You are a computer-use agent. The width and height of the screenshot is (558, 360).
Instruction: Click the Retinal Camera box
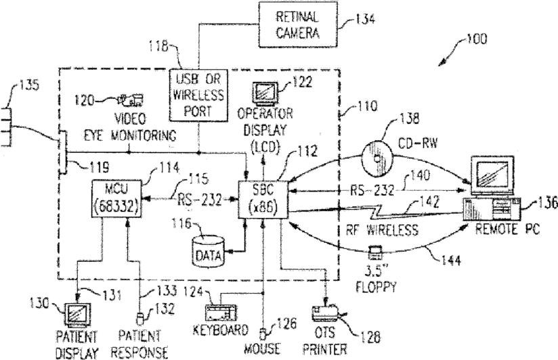[297, 24]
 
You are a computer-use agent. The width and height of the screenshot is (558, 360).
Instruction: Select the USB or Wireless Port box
[198, 95]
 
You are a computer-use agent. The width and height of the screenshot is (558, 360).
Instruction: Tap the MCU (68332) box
[116, 198]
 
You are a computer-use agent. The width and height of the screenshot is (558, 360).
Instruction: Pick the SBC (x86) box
[263, 200]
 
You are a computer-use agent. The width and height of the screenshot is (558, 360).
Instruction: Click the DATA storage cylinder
[209, 251]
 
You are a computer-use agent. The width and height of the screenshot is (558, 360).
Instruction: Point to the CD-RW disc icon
[377, 158]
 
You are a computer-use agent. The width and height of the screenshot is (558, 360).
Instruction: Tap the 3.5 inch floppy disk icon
[375, 252]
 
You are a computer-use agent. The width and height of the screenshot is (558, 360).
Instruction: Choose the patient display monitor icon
[77, 315]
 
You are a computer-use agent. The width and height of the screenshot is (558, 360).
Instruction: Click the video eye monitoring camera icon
[131, 100]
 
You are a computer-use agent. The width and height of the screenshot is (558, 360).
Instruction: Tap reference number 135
[29, 85]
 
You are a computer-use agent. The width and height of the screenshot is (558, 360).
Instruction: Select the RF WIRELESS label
[382, 229]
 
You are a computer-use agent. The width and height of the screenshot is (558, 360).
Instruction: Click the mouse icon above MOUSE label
[263, 334]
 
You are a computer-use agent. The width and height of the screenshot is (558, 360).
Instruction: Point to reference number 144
[451, 261]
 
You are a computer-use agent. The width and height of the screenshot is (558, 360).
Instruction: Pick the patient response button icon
[140, 318]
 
